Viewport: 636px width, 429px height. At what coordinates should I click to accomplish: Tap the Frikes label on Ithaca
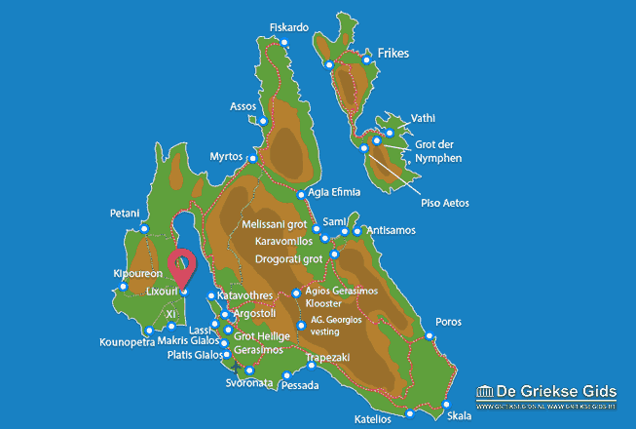[x=390, y=53]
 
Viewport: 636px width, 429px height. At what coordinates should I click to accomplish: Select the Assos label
[x=243, y=106]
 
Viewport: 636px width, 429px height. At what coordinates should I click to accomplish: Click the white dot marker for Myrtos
[x=253, y=158]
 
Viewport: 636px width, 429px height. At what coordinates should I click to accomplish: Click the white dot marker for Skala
[x=446, y=404]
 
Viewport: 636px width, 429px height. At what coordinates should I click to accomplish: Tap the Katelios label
[x=373, y=419]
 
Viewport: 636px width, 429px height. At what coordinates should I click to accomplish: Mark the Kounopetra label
[x=127, y=342]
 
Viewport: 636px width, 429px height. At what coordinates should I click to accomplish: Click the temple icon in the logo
[x=487, y=393]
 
